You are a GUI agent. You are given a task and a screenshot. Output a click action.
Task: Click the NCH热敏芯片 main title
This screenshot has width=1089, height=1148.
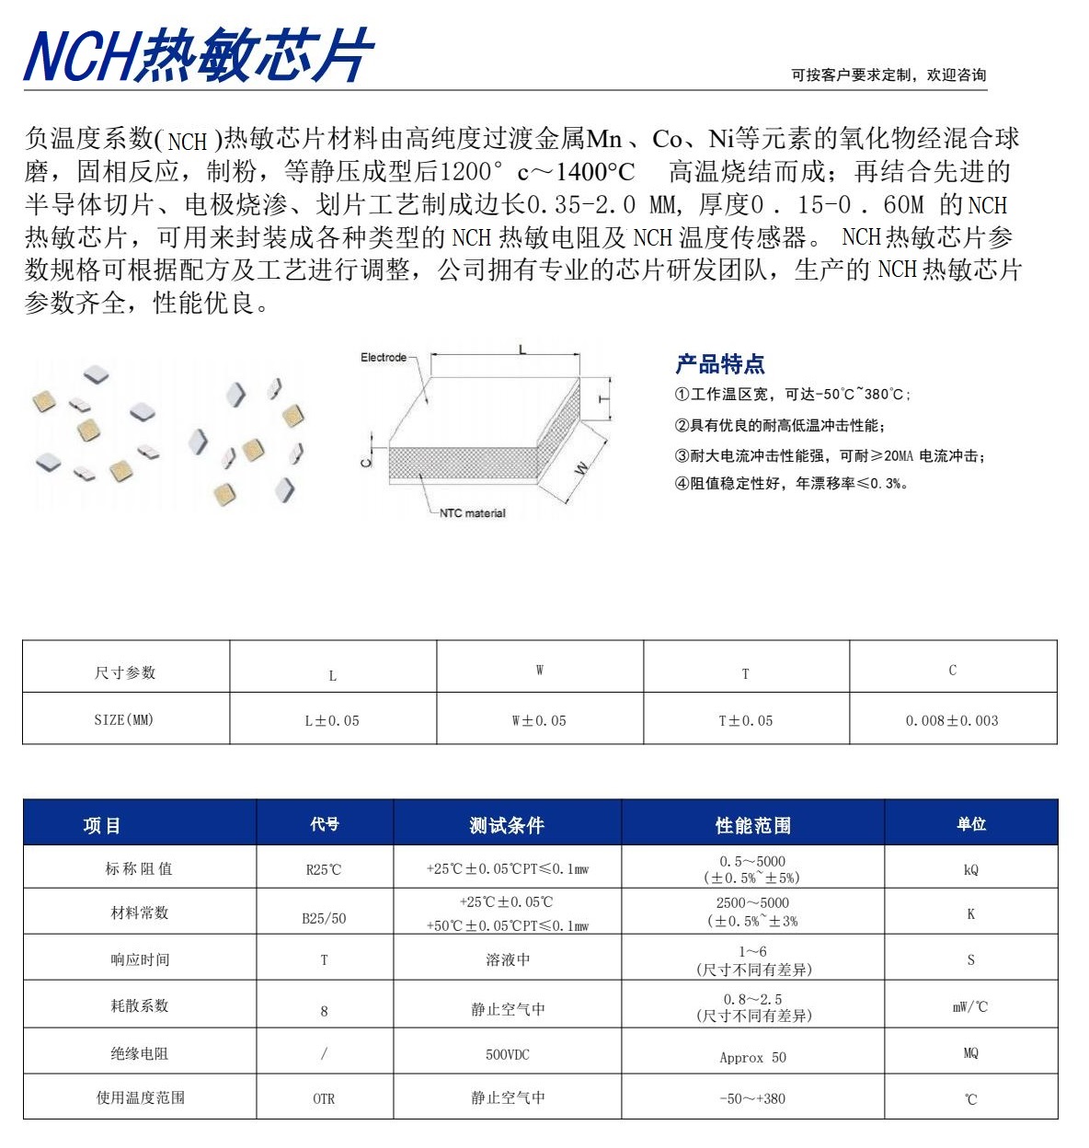point(198,55)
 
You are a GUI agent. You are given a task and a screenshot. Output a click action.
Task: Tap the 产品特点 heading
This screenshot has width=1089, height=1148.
point(720,364)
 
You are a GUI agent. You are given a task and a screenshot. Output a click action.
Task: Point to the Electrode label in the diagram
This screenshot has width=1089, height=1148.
point(384,357)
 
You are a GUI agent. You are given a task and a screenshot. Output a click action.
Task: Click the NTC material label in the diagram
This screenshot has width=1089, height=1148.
point(472,513)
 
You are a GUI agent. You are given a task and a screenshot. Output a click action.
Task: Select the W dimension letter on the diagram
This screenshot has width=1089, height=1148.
point(581,467)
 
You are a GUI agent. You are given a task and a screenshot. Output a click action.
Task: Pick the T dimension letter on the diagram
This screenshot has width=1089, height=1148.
point(603,398)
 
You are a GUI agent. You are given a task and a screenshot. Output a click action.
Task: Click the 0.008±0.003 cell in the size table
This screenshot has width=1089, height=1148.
point(952,720)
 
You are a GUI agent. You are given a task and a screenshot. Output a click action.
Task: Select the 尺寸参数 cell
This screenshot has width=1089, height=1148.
point(125,672)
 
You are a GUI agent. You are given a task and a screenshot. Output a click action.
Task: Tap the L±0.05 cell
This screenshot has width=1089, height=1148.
point(332,720)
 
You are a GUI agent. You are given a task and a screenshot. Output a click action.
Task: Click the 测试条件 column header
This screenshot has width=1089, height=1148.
point(507,825)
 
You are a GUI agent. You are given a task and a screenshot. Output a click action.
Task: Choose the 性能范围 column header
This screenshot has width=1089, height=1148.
point(752,825)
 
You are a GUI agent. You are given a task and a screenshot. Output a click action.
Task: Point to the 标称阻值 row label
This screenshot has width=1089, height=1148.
point(139,868)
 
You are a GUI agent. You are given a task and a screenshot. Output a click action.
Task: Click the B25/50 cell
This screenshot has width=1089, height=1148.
point(324,918)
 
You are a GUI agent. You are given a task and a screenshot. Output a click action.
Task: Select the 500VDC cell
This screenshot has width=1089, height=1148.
point(508,1054)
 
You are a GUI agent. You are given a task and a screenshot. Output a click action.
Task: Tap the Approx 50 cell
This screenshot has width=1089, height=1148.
point(752,1058)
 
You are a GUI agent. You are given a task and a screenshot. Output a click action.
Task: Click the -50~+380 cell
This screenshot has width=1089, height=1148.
point(752,1098)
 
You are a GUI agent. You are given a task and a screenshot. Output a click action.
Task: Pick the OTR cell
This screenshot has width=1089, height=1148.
point(324,1098)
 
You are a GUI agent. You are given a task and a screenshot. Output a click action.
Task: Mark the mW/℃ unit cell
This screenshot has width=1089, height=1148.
point(970,1007)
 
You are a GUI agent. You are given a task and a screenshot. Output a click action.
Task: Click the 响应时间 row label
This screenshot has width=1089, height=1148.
point(140,959)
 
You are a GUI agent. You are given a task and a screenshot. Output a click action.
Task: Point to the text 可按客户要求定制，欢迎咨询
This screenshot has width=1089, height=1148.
point(888,75)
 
